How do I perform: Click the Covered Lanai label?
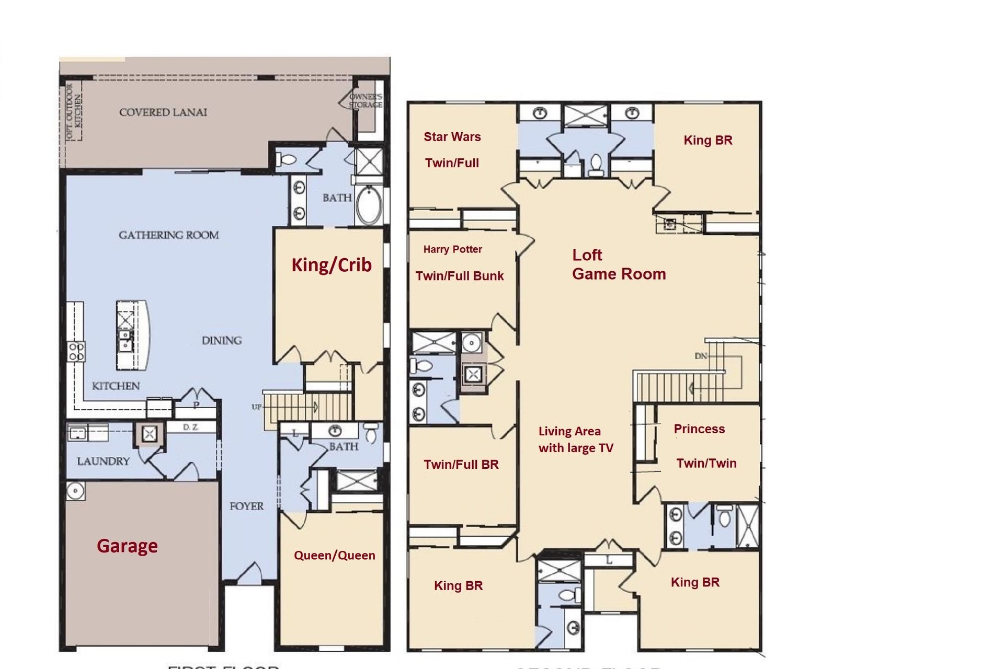pos(163,112)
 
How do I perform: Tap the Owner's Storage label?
pos(366,100)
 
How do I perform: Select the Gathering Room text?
pos(169,235)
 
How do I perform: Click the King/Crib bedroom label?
pos(332,265)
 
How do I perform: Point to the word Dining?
pos(222,341)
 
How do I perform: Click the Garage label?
pos(127,546)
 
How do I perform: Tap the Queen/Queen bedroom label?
pos(335,555)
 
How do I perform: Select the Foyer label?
pos(246,506)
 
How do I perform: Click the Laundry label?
pos(103,461)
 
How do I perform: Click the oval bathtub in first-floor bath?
pos(370,205)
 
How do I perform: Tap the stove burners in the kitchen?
pos(76,351)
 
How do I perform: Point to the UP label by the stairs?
pos(256,407)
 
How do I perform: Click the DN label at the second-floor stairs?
pos(701,356)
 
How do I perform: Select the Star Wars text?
pos(452,137)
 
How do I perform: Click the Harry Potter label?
pos(452,249)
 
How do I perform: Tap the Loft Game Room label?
pos(619,264)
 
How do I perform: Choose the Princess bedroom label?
pos(699,429)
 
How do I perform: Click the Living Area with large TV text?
pos(575,440)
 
